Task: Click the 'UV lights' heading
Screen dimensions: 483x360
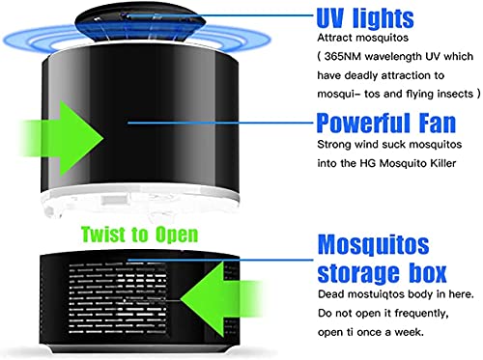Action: [365, 17]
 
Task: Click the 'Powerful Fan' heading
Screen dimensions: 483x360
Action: [386, 123]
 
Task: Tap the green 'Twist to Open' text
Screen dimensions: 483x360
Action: [139, 235]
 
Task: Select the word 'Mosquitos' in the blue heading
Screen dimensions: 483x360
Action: [373, 245]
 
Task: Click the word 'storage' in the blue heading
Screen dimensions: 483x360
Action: [356, 273]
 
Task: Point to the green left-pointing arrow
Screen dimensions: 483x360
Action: [221, 299]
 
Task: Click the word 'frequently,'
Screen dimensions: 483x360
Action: [421, 314]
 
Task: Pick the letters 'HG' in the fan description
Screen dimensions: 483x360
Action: [367, 163]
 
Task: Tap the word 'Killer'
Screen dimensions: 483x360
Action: [443, 163]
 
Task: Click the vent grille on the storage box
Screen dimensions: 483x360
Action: [118, 298]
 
